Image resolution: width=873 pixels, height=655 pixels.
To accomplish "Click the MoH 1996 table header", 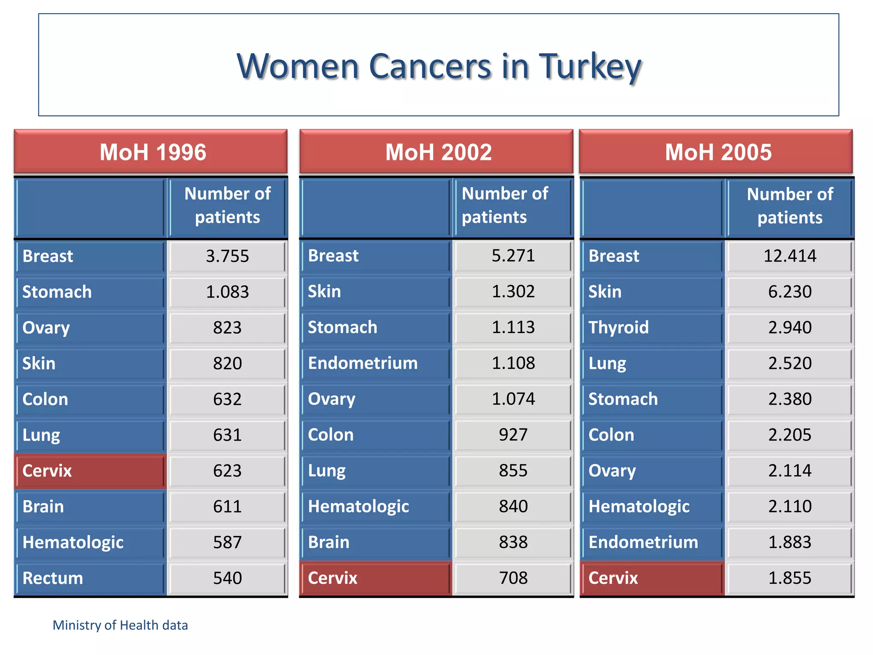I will [152, 152].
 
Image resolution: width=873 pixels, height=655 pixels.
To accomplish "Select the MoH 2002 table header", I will [438, 152].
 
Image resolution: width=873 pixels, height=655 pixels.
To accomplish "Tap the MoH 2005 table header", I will [718, 152].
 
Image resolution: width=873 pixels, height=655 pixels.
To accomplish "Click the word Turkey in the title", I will [590, 67].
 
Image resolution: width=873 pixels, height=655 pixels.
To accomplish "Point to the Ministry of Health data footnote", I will [120, 625].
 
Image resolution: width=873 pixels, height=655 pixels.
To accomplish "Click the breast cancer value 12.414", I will [789, 256].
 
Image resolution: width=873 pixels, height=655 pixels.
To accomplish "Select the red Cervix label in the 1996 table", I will [47, 471].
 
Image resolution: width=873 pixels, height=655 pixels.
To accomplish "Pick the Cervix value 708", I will [513, 578].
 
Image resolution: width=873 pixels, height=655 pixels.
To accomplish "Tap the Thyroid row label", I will [619, 327].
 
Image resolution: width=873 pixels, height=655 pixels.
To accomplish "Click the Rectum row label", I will [52, 578].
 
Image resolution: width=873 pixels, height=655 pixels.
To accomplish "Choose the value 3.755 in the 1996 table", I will [227, 256].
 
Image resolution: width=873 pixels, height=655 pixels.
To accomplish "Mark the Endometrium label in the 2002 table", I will [363, 363].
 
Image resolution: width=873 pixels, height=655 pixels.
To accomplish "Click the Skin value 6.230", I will [789, 292].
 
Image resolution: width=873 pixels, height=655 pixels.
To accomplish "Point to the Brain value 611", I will [227, 507].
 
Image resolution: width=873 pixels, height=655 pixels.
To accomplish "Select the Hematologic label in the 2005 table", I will [639, 507].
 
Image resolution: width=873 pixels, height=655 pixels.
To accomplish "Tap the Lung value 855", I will [513, 471].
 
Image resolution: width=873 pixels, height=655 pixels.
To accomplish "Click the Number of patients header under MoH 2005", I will [789, 206].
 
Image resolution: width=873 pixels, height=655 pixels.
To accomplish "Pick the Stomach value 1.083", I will [227, 292].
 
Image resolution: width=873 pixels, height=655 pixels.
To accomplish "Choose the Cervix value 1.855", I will [789, 578].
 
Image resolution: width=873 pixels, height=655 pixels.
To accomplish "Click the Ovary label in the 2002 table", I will [332, 399].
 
